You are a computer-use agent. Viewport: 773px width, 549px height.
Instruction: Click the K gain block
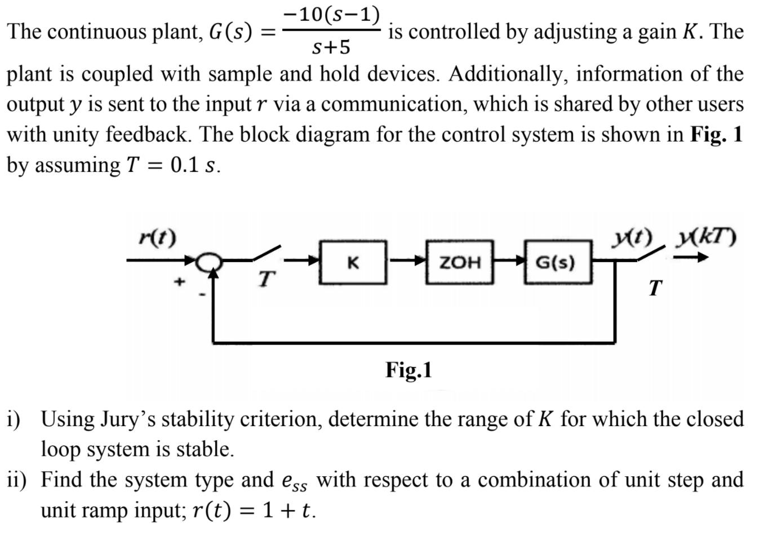(353, 262)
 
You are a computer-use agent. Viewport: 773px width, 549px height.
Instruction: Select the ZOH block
(459, 262)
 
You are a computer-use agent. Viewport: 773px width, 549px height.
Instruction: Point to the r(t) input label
(158, 237)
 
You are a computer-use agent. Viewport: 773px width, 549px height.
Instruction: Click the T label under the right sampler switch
(654, 288)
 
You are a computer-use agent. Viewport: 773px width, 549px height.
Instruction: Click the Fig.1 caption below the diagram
(408, 370)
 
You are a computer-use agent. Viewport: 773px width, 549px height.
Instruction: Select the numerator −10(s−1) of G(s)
(332, 14)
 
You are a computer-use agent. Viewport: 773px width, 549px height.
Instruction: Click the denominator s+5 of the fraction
(331, 48)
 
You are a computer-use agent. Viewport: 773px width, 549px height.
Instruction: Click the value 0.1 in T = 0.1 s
(184, 165)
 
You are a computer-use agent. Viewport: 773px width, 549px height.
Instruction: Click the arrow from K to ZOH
(405, 261)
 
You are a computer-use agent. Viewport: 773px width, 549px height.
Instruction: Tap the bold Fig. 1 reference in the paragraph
(716, 135)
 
